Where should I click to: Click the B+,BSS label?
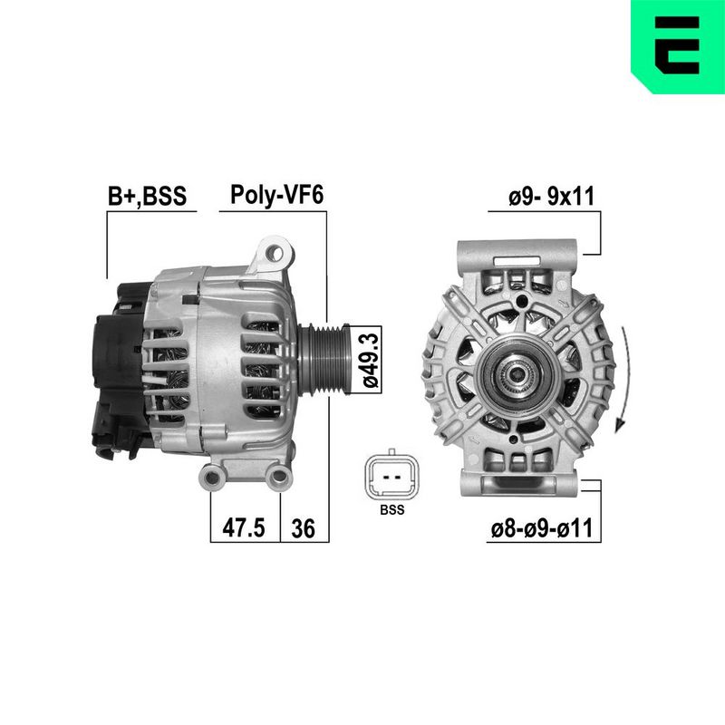pos(147,196)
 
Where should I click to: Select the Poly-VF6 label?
pos(277,195)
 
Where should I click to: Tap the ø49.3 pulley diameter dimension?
pos(371,360)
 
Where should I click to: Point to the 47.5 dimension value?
pos(244,527)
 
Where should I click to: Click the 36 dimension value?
pos(304,528)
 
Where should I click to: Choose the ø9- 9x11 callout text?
pos(551,197)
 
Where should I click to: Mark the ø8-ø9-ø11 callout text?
pos(541,528)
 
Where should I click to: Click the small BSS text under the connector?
pos(392,509)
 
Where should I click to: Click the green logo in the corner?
pos(678,46)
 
